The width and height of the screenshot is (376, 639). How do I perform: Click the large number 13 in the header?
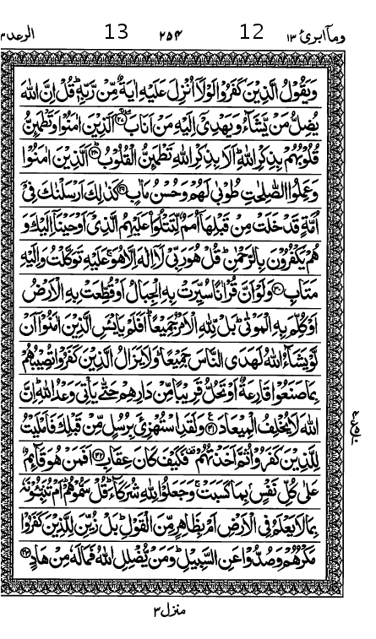tap(117, 33)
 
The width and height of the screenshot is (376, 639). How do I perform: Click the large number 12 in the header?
tap(252, 33)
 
